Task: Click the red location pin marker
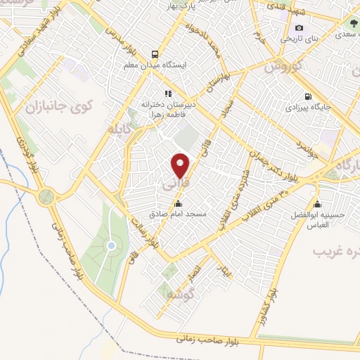pos(181,165)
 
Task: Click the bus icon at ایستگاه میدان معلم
pos(155,53)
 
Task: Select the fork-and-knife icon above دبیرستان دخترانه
pos(167,93)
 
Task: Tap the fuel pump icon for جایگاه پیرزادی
pos(307,97)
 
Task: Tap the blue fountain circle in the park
pos(111,245)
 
